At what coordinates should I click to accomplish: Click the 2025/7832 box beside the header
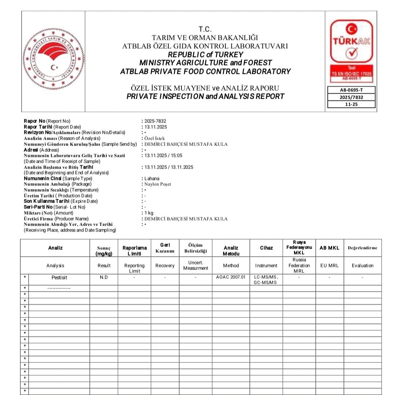[x=351, y=97]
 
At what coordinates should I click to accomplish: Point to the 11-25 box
[x=351, y=104]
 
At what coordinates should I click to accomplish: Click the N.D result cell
[x=104, y=278]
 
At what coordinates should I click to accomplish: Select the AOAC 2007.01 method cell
[x=231, y=278]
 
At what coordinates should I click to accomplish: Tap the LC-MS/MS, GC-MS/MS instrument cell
[x=266, y=280]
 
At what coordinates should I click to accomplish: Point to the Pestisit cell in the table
[x=59, y=278]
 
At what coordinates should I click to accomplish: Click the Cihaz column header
[x=266, y=248]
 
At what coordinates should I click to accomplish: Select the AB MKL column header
[x=329, y=248]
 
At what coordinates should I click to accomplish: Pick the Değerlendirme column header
[x=362, y=248]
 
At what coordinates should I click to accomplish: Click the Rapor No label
[x=35, y=121]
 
